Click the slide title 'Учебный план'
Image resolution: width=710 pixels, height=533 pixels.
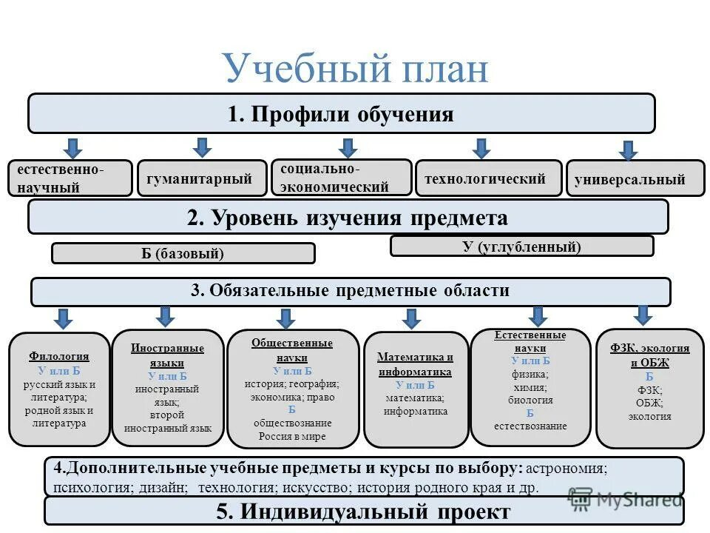pyautogui.click(x=355, y=69)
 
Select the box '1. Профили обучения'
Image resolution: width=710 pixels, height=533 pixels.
pyautogui.click(x=341, y=114)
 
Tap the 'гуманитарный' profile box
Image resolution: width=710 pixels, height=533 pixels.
pyautogui.click(x=201, y=178)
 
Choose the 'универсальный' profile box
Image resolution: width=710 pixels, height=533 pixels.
pyautogui.click(x=635, y=179)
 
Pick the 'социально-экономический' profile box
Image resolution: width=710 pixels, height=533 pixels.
pyautogui.click(x=341, y=178)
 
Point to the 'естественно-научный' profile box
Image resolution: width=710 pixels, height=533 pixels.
pyautogui.click(x=70, y=178)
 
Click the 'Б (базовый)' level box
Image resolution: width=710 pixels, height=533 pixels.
pyautogui.click(x=183, y=253)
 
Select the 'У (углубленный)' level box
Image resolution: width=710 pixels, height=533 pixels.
pyautogui.click(x=521, y=247)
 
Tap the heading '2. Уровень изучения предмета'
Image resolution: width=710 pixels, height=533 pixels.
pyautogui.click(x=348, y=218)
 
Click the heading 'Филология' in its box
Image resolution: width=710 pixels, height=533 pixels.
pyautogui.click(x=59, y=356)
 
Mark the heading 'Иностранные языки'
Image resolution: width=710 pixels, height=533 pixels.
pyautogui.click(x=167, y=355)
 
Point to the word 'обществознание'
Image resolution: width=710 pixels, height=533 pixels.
pyautogui.click(x=292, y=423)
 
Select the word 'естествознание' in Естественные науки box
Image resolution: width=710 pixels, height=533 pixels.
pyautogui.click(x=530, y=426)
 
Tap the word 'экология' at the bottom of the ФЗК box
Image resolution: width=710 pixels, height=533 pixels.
pyautogui.click(x=649, y=416)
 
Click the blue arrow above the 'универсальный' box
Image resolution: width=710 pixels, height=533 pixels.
pyautogui.click(x=628, y=150)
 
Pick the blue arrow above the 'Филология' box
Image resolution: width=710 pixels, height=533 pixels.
pyautogui.click(x=64, y=319)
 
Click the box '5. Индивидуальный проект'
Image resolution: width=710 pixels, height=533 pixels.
pyautogui.click(x=363, y=512)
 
